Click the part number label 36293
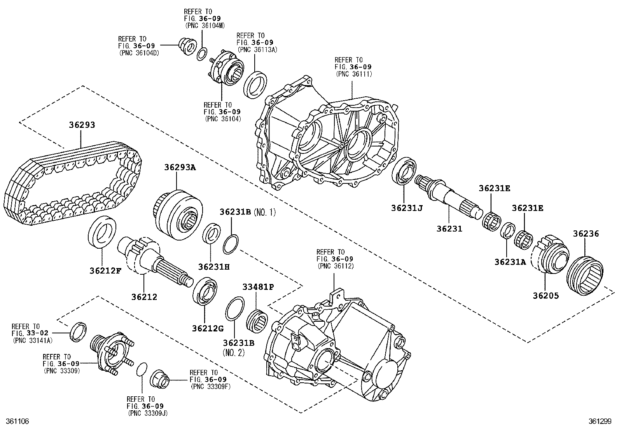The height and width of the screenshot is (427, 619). (82, 125)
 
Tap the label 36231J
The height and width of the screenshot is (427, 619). (407, 208)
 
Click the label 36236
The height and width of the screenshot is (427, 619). (586, 234)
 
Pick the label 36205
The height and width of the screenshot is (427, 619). (546, 296)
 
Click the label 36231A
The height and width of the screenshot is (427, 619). (510, 262)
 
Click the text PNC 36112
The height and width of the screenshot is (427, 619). (336, 266)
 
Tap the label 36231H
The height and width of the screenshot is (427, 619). (213, 267)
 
